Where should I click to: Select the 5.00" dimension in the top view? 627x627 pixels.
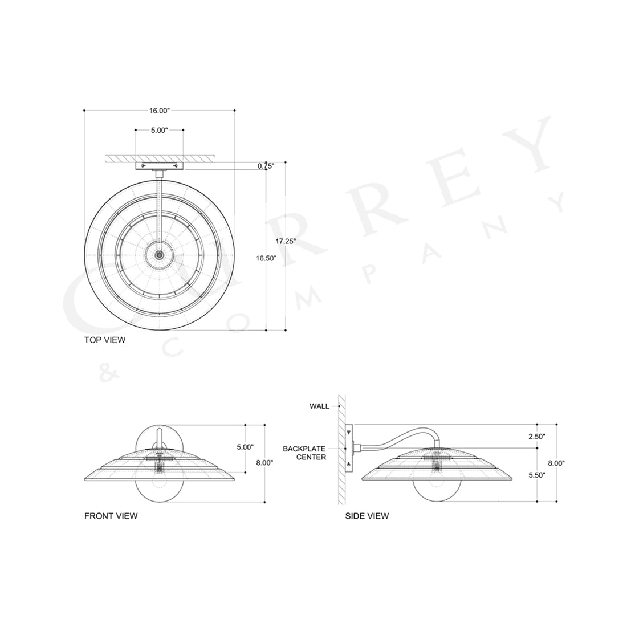point(159,131)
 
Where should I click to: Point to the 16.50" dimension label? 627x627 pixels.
point(266,258)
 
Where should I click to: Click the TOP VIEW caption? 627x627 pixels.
point(105,340)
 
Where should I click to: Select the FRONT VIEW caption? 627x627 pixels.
point(111,516)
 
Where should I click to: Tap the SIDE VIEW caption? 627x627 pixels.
point(367,516)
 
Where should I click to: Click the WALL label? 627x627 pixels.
point(319,406)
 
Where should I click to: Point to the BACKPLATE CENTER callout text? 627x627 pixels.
point(304,453)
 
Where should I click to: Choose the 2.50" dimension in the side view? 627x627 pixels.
point(536,437)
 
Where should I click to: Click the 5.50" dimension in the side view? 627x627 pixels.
point(536,475)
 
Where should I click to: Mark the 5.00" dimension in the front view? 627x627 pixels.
point(245,447)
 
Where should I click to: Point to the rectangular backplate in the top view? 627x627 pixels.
point(159,166)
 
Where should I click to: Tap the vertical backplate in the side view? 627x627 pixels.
point(349,449)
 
